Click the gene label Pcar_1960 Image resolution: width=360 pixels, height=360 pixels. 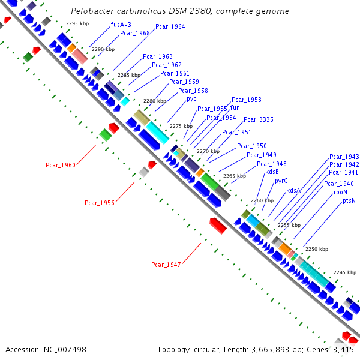coord(61,164)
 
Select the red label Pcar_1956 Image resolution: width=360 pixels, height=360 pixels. coord(100,203)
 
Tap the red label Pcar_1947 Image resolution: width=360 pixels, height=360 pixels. coord(166,264)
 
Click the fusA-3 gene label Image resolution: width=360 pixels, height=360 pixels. coord(121,25)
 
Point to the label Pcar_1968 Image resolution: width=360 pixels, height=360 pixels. coord(135,33)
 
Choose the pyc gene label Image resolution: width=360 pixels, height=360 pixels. coord(191,98)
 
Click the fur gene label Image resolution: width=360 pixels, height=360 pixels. coord(235,107)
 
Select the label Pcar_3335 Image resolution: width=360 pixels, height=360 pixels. coord(259,119)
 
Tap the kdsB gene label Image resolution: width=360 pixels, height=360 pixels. coord(272,172)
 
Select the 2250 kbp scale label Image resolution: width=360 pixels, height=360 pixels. coord(316,248)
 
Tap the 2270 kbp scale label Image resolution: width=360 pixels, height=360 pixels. coord(208,151)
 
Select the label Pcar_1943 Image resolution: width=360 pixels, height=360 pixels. coord(344,157)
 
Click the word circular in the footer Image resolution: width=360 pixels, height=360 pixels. coord(207,349)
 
